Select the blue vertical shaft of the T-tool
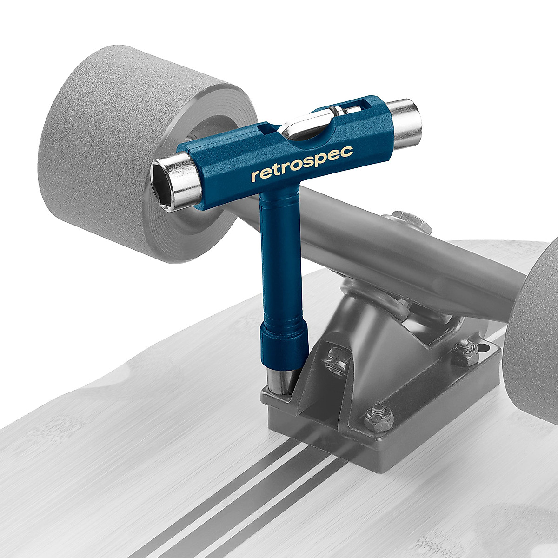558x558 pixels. click(x=279, y=260)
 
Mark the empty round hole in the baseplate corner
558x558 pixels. click(x=484, y=348)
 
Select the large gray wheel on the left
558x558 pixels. click(x=135, y=153)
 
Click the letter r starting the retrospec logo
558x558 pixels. click(x=254, y=176)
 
